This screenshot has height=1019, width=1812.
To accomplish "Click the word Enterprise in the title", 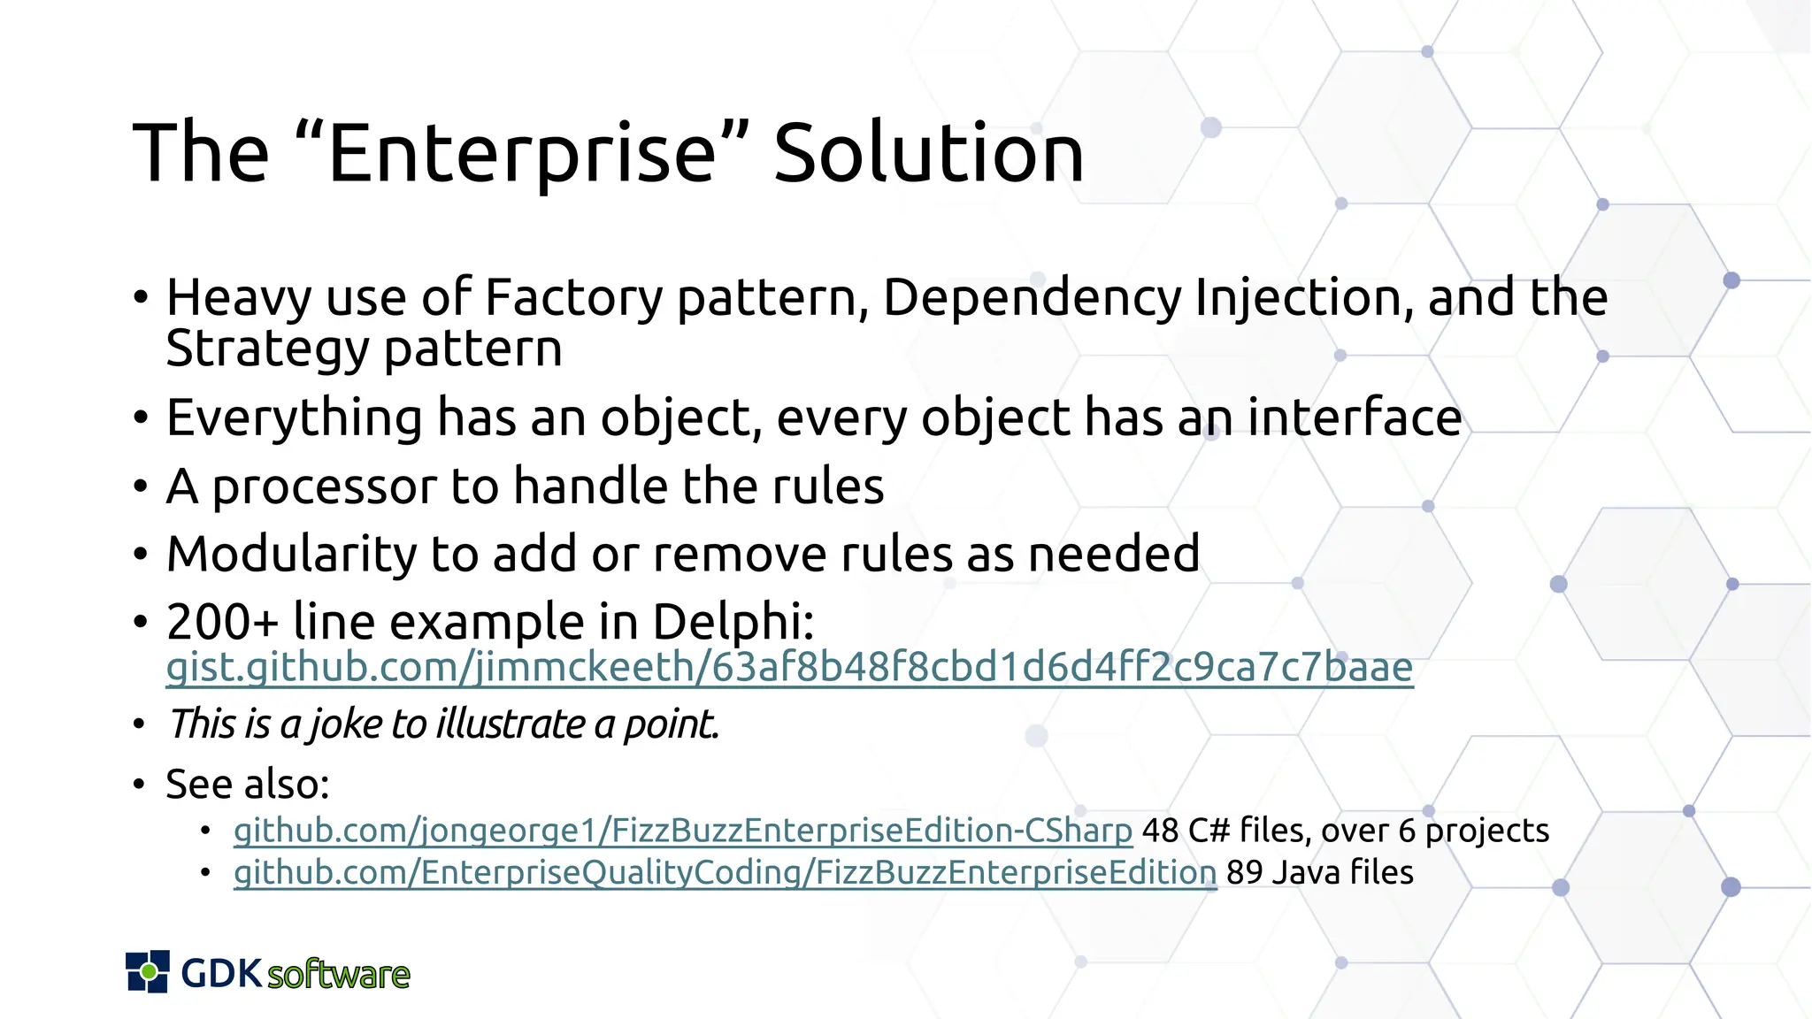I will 522,155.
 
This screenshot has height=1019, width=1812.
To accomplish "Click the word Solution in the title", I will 928,155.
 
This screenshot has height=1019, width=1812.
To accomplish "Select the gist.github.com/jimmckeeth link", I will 789,668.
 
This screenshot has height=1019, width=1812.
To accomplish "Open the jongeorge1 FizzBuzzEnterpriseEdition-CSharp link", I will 682,831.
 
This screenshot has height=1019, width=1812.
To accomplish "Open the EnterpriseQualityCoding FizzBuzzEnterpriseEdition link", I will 725,873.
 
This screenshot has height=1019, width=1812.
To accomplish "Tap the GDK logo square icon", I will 148,972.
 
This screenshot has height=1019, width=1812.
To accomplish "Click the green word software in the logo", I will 339,975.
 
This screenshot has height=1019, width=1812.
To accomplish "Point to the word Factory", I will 573,297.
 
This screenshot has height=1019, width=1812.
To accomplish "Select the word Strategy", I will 266,349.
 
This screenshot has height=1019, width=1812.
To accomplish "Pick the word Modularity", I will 291,555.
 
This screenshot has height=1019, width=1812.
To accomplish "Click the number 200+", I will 222,622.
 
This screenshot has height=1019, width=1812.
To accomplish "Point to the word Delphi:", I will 733,622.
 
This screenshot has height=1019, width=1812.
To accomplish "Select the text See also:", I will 248,785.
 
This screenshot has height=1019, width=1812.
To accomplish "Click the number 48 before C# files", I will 1160,831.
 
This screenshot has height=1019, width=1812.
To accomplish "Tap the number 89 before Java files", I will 1244,873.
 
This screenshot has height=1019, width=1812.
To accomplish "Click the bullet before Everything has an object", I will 141,418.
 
